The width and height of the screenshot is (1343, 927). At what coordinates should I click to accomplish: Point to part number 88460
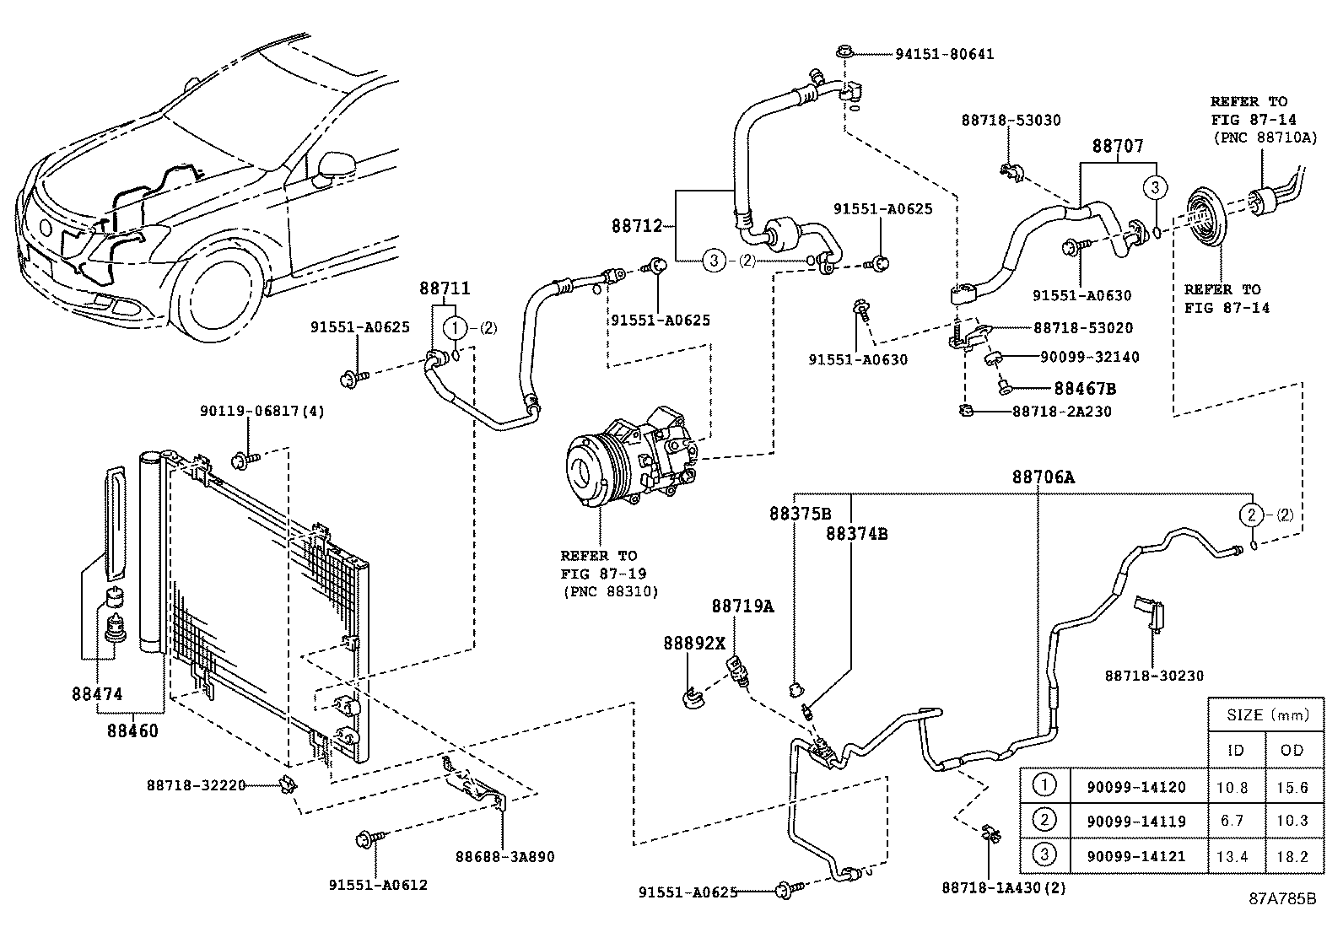pos(132,730)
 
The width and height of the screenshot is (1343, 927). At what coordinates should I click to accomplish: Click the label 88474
pos(97,694)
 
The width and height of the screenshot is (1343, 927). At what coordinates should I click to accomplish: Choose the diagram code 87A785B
pos(1282,897)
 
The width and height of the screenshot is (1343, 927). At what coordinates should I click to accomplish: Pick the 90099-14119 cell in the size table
pos(1135,821)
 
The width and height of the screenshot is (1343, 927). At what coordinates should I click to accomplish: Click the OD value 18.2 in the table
pos(1292,856)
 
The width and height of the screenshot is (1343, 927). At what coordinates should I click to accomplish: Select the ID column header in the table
pos(1235,750)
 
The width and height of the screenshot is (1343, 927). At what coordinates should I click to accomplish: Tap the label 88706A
pos(1043,477)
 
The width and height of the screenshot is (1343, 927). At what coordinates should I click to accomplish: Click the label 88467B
pos(1085,389)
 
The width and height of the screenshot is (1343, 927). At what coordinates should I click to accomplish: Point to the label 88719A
pos(742,606)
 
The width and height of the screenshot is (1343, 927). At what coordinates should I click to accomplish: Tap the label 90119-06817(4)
pos(262,411)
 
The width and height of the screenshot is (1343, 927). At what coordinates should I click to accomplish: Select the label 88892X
pos(693,643)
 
